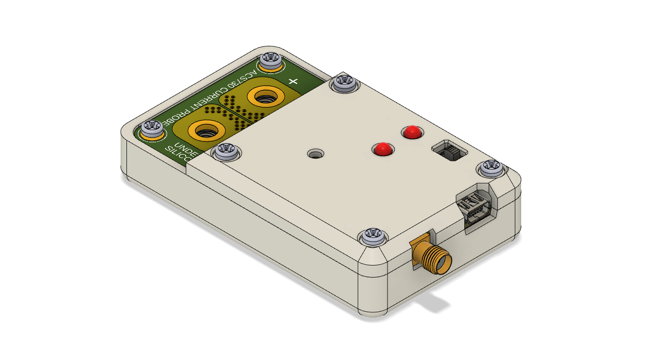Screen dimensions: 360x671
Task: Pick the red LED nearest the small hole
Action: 382,149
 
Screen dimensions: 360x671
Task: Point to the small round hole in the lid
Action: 315,154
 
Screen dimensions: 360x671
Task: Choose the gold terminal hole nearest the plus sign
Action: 263,97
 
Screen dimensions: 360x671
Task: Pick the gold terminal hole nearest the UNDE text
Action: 206,130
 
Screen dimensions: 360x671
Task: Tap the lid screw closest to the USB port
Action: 491,168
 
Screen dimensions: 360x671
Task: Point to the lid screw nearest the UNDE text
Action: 225,152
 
